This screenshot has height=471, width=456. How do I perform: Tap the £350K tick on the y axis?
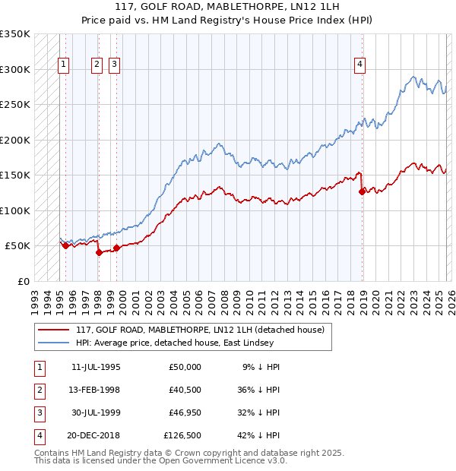click(15, 34)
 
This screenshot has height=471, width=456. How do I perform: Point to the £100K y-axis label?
click(15, 210)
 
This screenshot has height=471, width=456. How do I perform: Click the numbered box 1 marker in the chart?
click(64, 65)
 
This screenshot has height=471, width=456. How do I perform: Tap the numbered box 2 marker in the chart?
click(97, 65)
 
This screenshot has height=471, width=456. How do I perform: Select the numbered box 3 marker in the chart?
click(114, 65)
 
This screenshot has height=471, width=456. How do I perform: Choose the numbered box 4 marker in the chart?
click(359, 65)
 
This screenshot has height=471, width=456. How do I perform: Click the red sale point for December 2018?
click(362, 192)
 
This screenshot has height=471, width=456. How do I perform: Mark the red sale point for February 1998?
click(99, 253)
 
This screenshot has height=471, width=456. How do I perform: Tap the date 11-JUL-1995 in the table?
click(96, 367)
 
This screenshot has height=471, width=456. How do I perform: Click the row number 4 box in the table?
click(38, 435)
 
